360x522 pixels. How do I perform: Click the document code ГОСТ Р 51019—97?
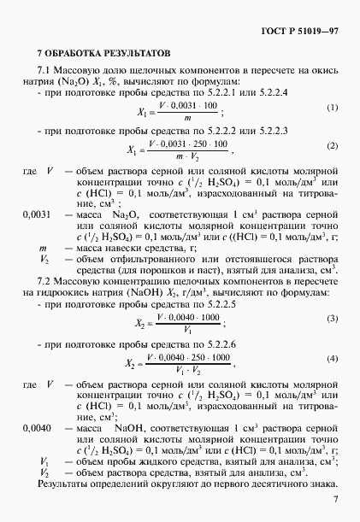click(x=303, y=31)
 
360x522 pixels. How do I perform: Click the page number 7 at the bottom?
click(x=336, y=499)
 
